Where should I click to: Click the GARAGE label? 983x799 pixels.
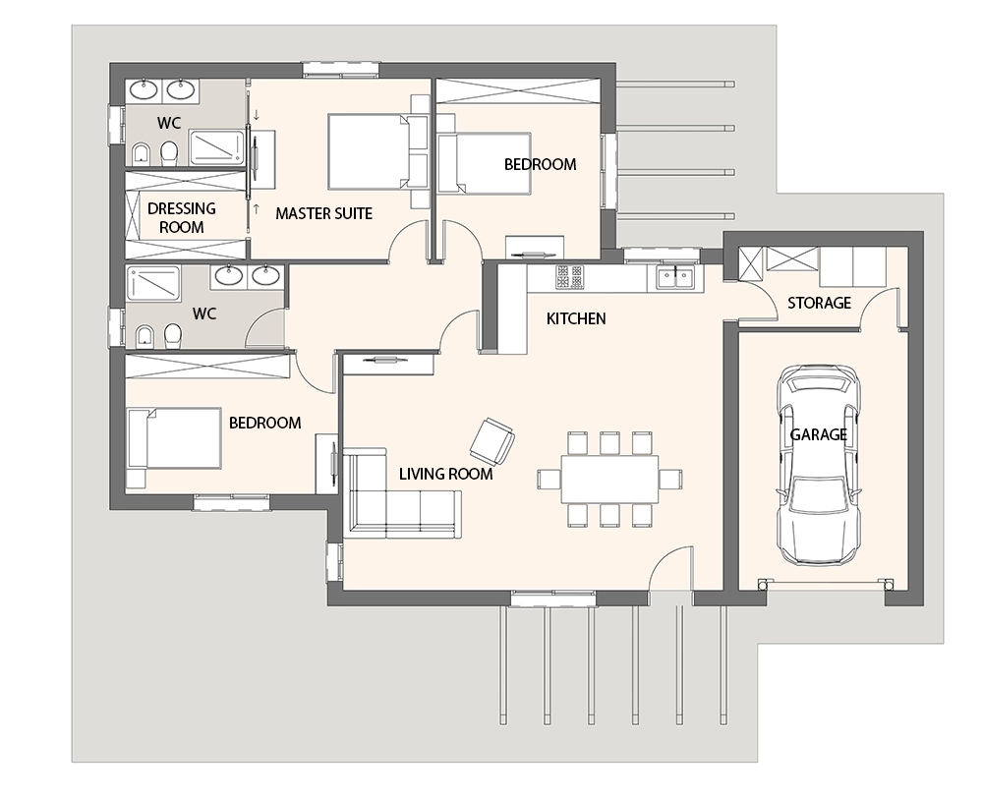coord(818,434)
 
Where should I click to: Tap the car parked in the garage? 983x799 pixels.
coord(818,465)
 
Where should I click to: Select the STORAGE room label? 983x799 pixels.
coord(819,304)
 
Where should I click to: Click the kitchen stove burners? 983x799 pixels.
coord(569,277)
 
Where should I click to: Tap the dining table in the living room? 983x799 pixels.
coord(609,480)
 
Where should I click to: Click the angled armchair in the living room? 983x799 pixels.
coord(492,442)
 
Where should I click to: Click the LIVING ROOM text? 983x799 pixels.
coord(445,474)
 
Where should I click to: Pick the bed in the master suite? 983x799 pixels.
coord(370,151)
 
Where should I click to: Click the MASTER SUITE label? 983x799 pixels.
coord(323,213)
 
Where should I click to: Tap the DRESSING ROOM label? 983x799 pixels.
coord(181,217)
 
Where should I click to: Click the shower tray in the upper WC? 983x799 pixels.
coord(216,147)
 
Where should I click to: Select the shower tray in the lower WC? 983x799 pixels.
coord(153,283)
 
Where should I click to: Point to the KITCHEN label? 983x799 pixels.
coord(576,318)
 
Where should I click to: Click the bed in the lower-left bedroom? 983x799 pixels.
coord(174,438)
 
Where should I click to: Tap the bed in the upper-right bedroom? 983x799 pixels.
coord(484,163)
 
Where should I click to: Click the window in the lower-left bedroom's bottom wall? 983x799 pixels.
coord(231,502)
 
